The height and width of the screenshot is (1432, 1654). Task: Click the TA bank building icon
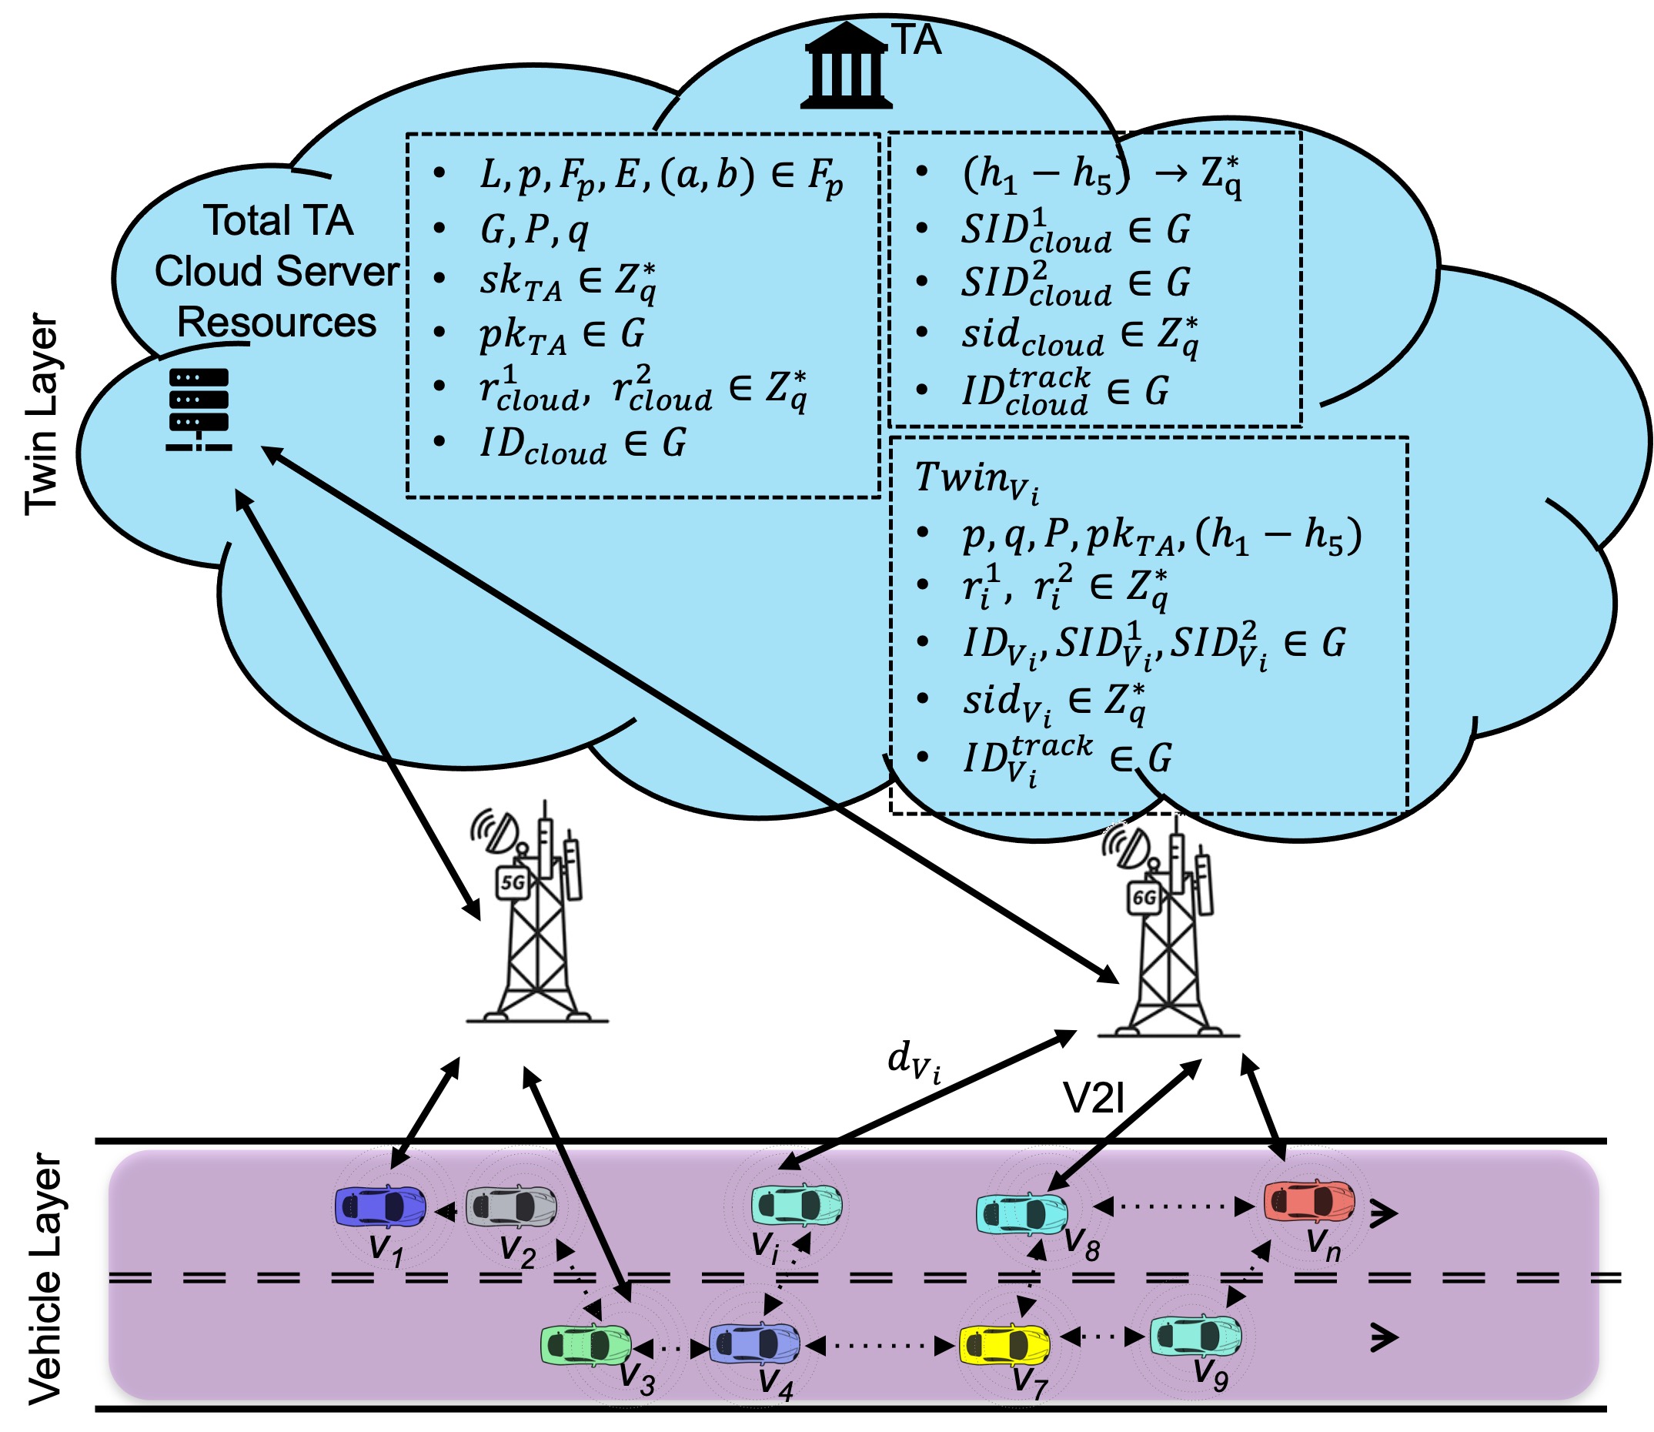846,66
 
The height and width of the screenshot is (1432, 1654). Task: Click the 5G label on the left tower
512,883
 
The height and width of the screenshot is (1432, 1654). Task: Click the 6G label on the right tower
1144,898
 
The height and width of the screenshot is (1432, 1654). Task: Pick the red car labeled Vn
1309,1201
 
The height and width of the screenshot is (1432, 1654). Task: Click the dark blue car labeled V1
380,1206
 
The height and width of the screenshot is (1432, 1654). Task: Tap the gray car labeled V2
511,1206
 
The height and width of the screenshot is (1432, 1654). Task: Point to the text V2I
1094,1098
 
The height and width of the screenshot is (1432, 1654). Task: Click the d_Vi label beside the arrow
914,1062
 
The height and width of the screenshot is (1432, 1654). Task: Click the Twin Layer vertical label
42,414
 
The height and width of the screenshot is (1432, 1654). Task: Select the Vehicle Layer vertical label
44,1278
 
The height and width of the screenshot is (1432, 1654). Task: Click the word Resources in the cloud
276,322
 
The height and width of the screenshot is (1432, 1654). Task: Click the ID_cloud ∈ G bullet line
582,443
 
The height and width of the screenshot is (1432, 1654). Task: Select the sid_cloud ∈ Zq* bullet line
1079,336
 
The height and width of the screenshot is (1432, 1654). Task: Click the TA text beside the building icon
916,40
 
